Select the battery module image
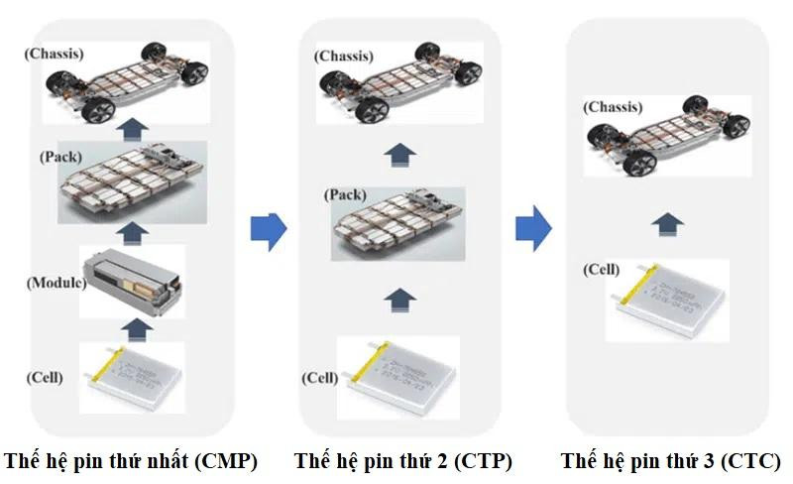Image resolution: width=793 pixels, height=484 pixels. pyautogui.click(x=133, y=281)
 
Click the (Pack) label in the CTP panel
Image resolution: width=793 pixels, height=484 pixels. pyautogui.click(x=345, y=194)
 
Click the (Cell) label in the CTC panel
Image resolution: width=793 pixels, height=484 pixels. pyautogui.click(x=601, y=269)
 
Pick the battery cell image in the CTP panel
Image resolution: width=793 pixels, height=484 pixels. pyautogui.click(x=397, y=374)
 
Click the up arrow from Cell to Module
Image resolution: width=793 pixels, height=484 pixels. pyautogui.click(x=133, y=329)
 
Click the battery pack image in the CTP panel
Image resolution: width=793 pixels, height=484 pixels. pyautogui.click(x=397, y=223)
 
